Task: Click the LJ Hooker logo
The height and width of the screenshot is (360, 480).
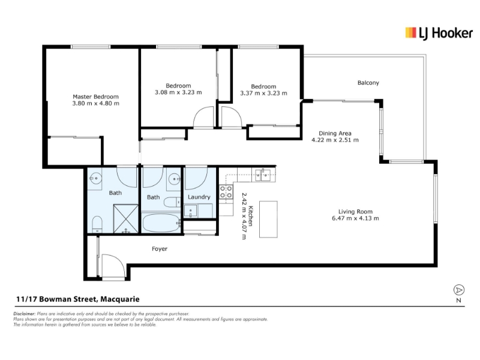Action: [x=439, y=33]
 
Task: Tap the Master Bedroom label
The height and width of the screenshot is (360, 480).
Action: [x=95, y=97]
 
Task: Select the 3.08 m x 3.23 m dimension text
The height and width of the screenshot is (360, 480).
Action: [x=178, y=92]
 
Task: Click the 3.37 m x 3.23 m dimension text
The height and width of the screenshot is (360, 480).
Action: [x=263, y=93]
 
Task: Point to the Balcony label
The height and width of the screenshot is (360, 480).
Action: [x=368, y=83]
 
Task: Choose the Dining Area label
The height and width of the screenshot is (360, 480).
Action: [x=335, y=133]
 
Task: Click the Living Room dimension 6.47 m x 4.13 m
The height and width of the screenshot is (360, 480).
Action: [x=355, y=218]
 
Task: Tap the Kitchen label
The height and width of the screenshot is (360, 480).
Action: [x=250, y=216]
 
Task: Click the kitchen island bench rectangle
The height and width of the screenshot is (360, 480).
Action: [x=268, y=219]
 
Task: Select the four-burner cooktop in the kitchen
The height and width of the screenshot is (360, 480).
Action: [x=226, y=191]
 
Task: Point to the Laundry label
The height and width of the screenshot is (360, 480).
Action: [x=199, y=197]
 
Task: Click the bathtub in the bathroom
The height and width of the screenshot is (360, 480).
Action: [x=161, y=223]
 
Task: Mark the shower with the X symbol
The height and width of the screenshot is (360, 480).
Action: [x=126, y=219]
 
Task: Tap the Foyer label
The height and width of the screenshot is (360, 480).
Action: [x=160, y=248]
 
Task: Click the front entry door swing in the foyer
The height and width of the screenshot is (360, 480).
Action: [x=113, y=266]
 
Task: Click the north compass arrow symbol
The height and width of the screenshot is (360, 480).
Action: [x=458, y=290]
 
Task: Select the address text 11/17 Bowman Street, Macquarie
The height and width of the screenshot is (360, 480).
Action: [x=78, y=299]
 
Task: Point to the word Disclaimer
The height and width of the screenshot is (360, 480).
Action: [x=25, y=314]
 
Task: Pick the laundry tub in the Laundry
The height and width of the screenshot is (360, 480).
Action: [x=191, y=211]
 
